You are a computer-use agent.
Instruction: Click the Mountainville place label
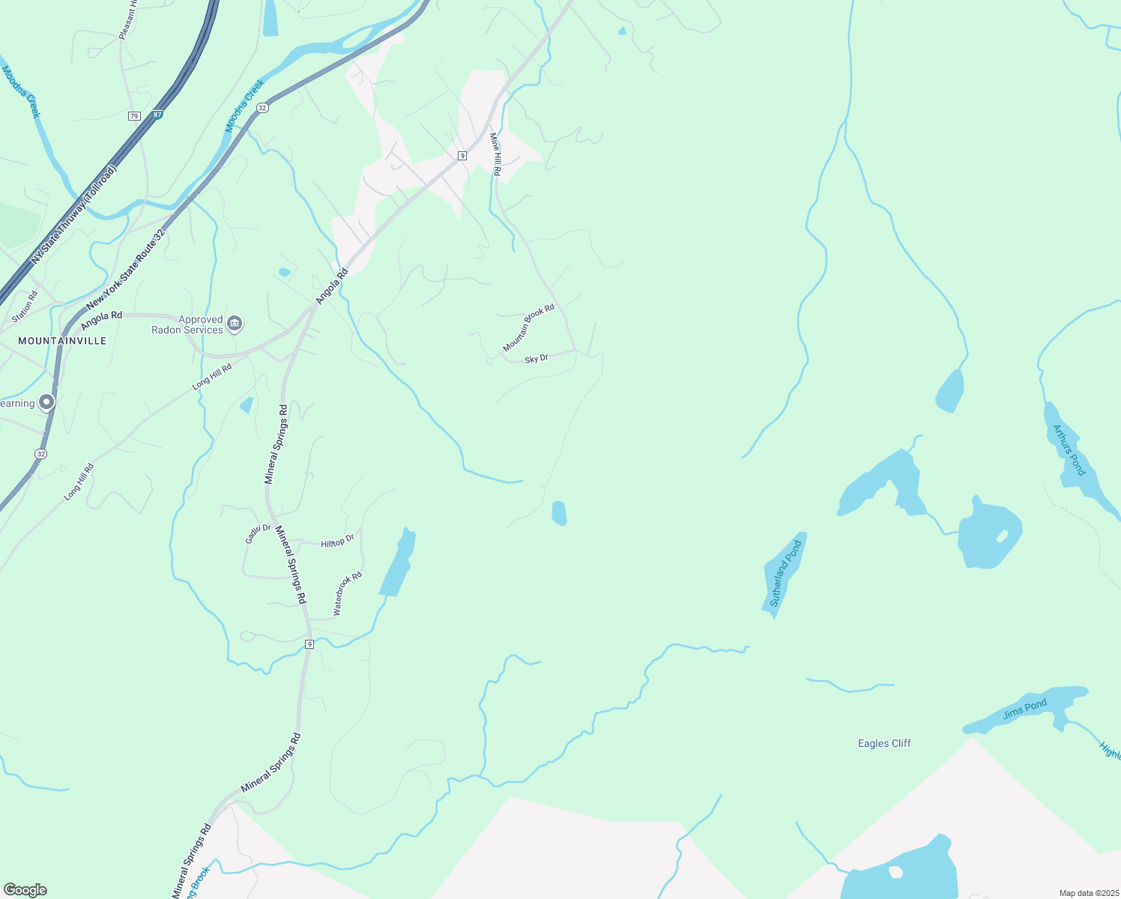(62, 341)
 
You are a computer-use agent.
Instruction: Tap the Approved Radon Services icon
(235, 324)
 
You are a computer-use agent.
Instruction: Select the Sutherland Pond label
(785, 573)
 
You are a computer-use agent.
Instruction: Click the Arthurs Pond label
(1069, 450)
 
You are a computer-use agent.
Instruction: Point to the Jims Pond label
(1025, 709)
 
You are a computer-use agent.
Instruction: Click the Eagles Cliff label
(884, 743)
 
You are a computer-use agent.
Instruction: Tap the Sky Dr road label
(537, 360)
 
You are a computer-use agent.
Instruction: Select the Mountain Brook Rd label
(528, 328)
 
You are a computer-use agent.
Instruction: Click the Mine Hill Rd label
(495, 154)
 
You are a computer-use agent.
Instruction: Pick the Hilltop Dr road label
(337, 542)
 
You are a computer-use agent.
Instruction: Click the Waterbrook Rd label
(348, 593)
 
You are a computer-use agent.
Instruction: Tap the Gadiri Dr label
(258, 533)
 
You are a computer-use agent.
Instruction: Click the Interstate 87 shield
(157, 115)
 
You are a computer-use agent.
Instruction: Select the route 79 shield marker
(134, 116)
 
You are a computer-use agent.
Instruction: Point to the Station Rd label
(25, 303)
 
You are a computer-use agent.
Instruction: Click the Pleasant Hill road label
(128, 19)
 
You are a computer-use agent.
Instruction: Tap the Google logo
(25, 890)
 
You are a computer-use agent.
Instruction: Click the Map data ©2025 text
(1087, 893)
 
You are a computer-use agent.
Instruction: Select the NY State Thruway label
(74, 215)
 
